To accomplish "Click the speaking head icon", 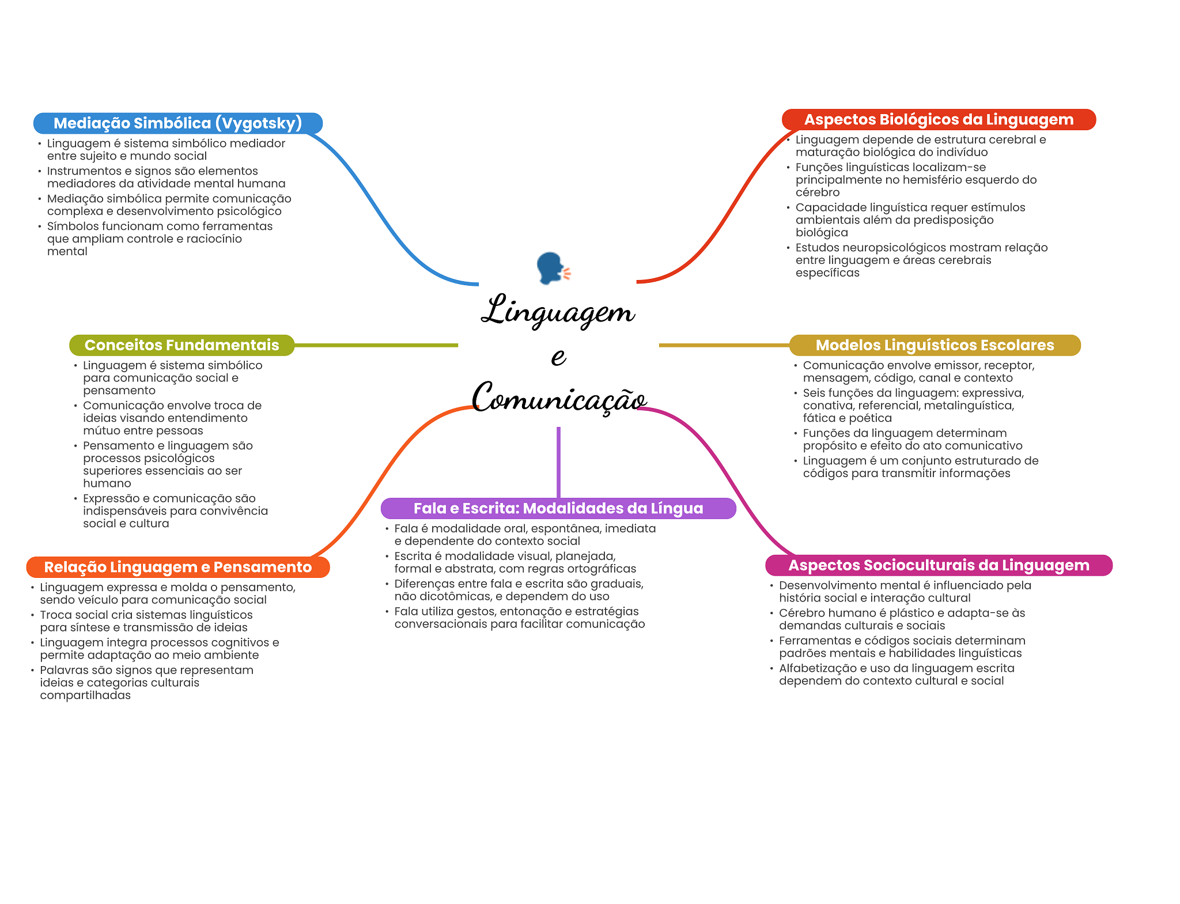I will click(x=553, y=268).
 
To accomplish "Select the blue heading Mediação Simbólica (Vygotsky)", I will click(x=177, y=123).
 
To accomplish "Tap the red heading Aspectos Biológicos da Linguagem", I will click(x=938, y=120).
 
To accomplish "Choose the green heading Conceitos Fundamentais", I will click(x=181, y=345).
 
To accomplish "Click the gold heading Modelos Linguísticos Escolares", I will click(x=934, y=345).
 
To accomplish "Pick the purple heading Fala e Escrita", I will click(x=558, y=508).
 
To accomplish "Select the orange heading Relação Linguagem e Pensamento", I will click(x=177, y=567).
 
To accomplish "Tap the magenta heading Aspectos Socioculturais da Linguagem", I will click(x=938, y=565).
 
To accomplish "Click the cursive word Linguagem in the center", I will click(x=558, y=312).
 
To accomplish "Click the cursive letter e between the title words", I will click(x=558, y=357).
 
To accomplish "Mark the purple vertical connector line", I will click(x=558, y=461).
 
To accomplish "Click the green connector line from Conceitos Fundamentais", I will click(x=375, y=345).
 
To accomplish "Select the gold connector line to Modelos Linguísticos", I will click(x=723, y=345).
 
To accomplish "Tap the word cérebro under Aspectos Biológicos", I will click(x=817, y=192).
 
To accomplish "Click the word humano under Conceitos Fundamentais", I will click(x=107, y=483).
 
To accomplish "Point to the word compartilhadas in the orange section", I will click(x=85, y=695).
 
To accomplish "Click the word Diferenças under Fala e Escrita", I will click(x=423, y=584).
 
